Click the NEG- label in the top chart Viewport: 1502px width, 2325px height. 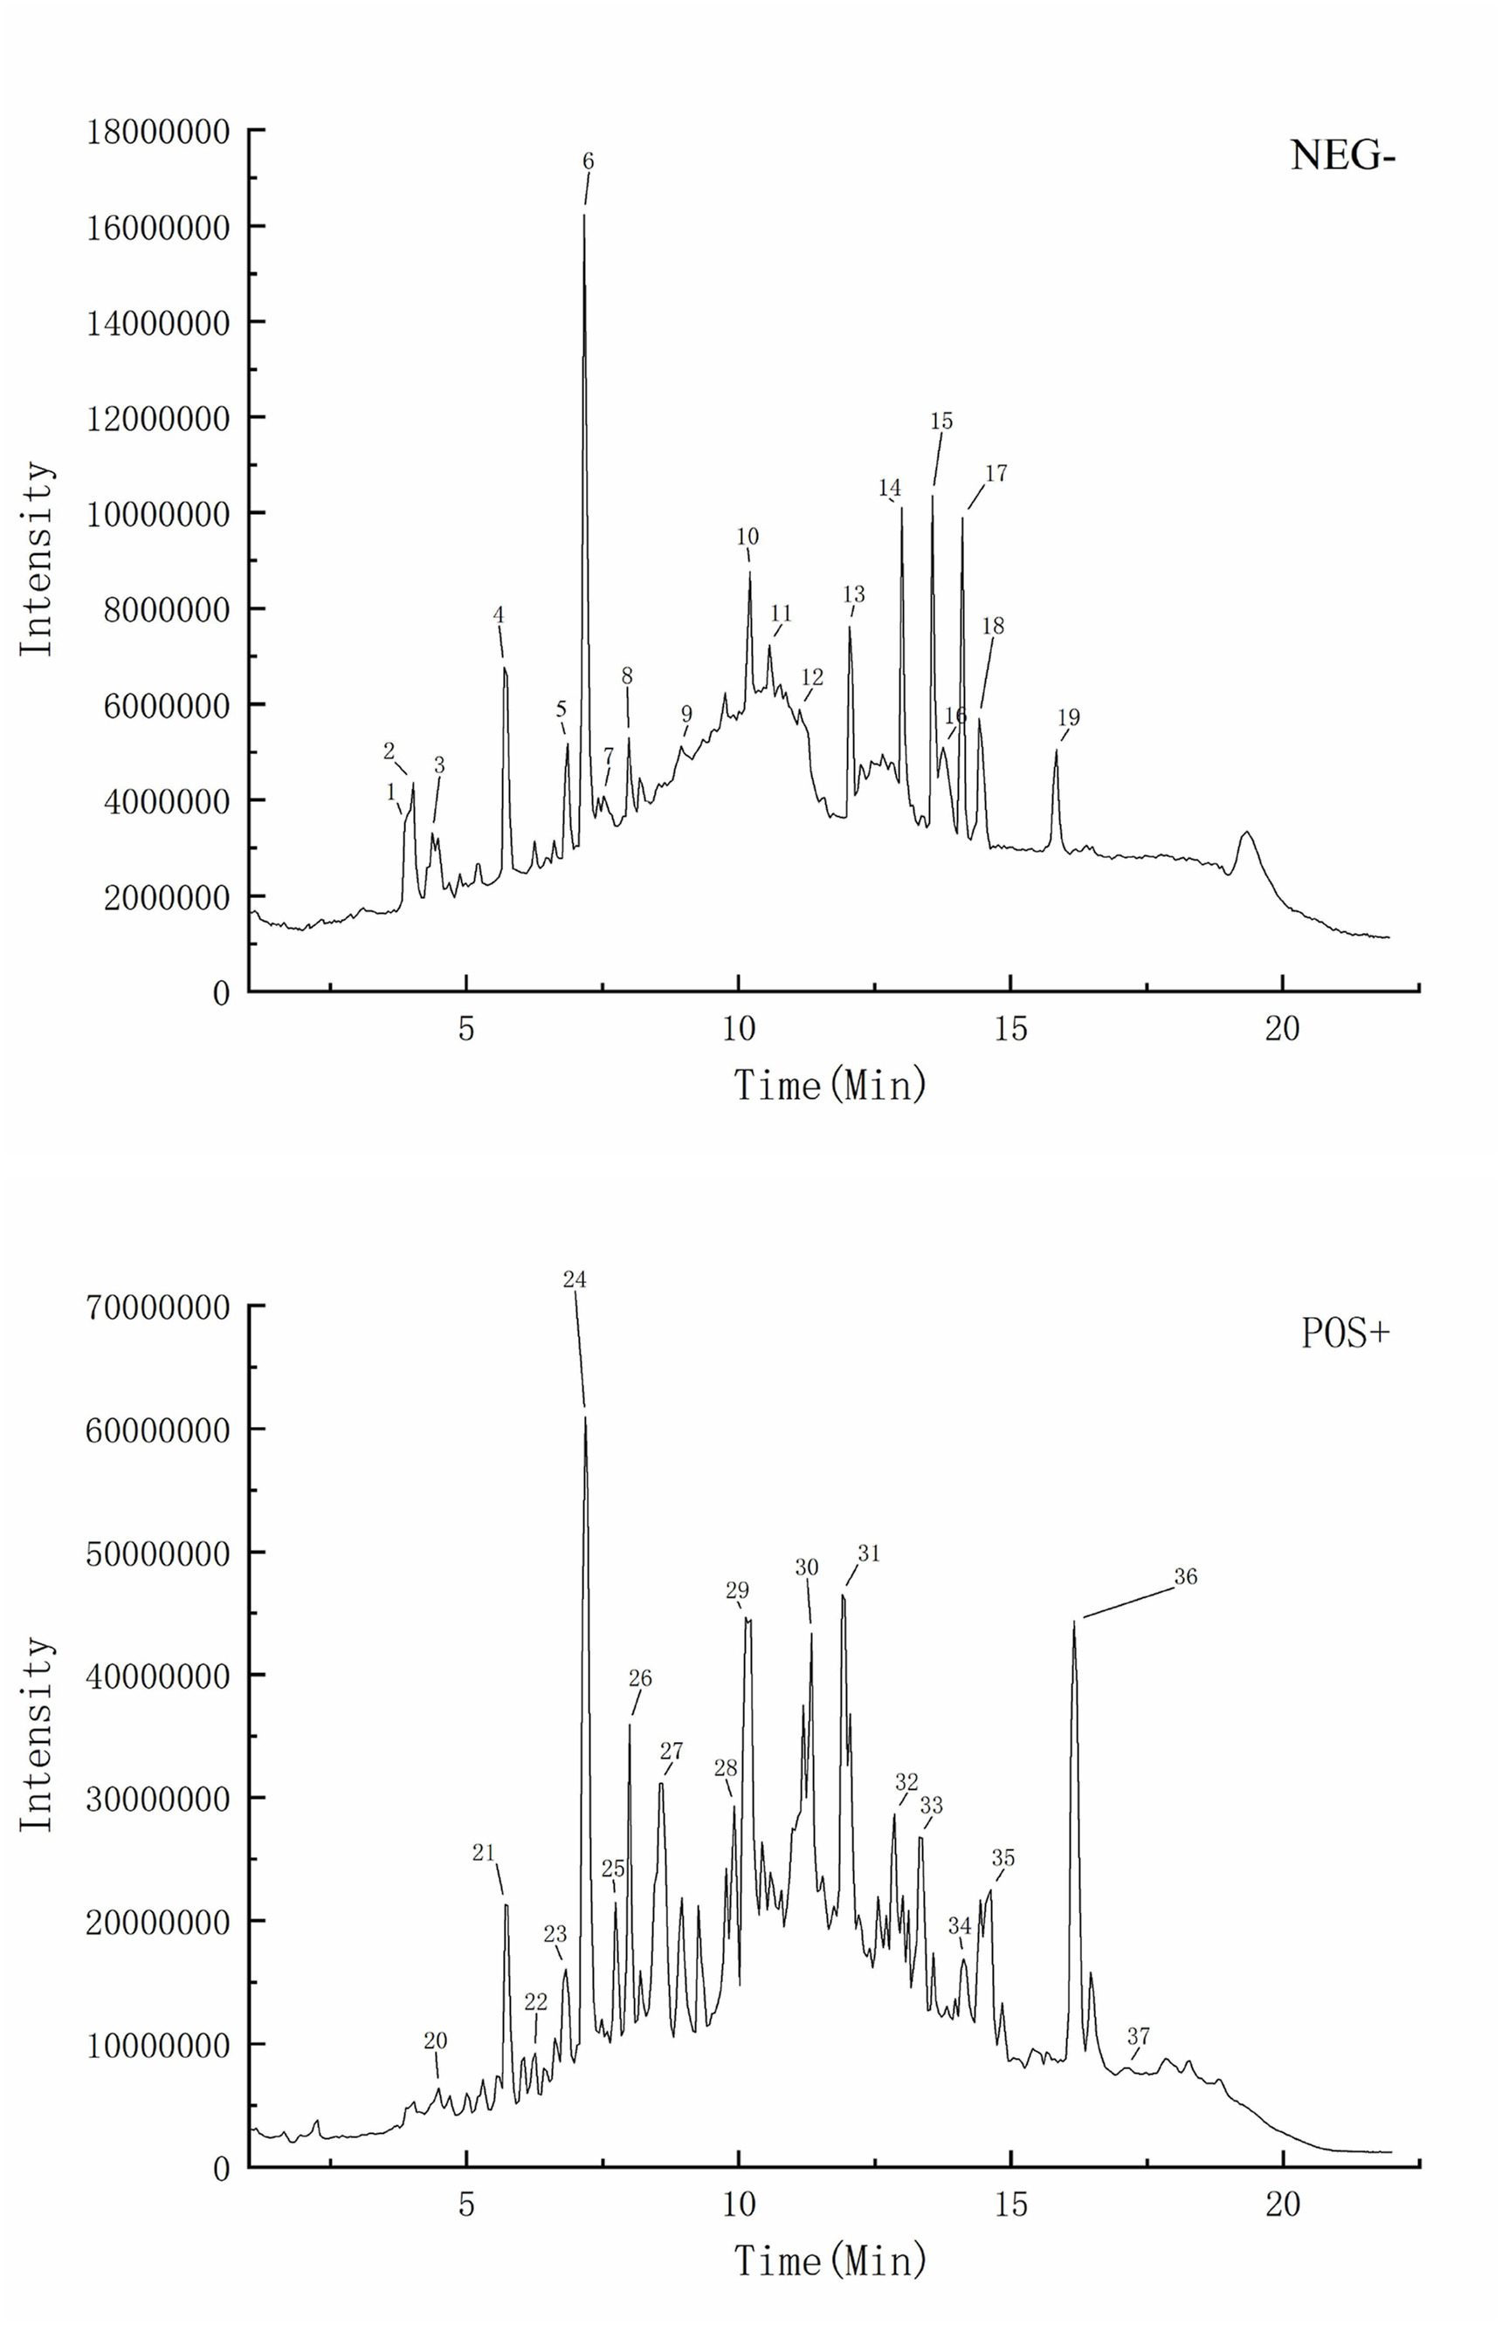1343,155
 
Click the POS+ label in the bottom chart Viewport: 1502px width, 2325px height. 1345,1333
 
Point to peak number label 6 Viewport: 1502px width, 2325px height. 588,161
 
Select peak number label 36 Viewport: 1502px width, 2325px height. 1185,1577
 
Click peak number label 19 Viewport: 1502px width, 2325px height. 1068,717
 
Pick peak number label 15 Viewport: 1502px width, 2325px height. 941,422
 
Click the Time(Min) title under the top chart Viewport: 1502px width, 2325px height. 830,1085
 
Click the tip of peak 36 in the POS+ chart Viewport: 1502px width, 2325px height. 1074,1622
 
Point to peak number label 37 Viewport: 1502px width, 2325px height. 1138,2036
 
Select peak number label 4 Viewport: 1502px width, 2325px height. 499,615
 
